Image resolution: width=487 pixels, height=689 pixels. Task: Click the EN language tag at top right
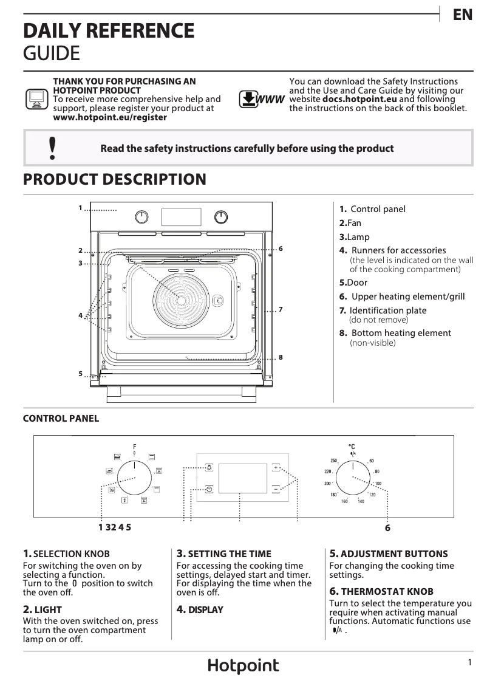tap(462, 15)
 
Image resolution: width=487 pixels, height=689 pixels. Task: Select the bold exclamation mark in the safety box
tap(53, 148)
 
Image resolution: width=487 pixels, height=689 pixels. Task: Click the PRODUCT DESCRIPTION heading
tap(114, 180)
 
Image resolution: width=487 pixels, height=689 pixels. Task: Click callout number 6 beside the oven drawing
tap(281, 249)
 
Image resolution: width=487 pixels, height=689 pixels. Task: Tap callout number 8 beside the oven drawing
tap(281, 357)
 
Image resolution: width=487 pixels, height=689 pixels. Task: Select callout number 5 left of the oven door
tap(80, 374)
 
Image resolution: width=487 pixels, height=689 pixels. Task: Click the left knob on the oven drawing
tap(141, 216)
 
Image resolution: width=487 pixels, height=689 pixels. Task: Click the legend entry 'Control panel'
tap(378, 209)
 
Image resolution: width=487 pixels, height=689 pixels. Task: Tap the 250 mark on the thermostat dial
tap(333, 461)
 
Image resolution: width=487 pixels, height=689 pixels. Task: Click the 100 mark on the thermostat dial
tap(378, 484)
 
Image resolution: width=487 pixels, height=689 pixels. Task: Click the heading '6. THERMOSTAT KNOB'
tap(381, 591)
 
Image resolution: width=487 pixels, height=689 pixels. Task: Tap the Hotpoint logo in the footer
tap(243, 666)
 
